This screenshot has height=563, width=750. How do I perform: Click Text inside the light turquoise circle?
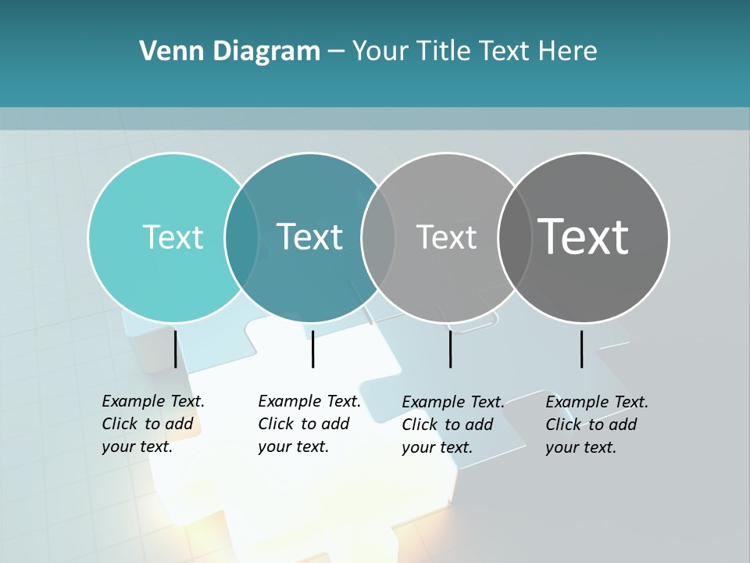point(173,237)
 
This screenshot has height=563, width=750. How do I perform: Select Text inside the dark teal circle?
point(309,237)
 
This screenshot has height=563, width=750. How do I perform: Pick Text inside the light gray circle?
point(446,237)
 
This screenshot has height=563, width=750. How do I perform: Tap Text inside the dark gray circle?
point(584,237)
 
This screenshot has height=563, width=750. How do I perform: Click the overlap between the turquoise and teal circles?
point(241,237)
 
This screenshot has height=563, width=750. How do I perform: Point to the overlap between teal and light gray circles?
point(378,237)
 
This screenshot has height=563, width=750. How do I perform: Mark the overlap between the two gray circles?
point(515,237)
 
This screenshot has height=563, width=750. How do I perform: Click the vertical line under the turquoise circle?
point(175,349)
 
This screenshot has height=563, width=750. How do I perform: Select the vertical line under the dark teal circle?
point(312,349)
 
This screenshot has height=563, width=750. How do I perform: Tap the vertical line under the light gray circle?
point(450,349)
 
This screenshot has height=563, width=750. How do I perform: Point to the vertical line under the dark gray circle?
point(581,349)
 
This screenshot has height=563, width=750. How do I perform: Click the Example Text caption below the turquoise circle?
point(153,424)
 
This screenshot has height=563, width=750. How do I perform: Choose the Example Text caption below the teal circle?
point(309,424)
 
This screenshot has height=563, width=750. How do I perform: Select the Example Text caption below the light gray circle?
point(453,425)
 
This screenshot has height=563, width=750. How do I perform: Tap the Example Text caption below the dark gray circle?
point(597,425)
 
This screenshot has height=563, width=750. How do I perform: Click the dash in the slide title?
point(336,52)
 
